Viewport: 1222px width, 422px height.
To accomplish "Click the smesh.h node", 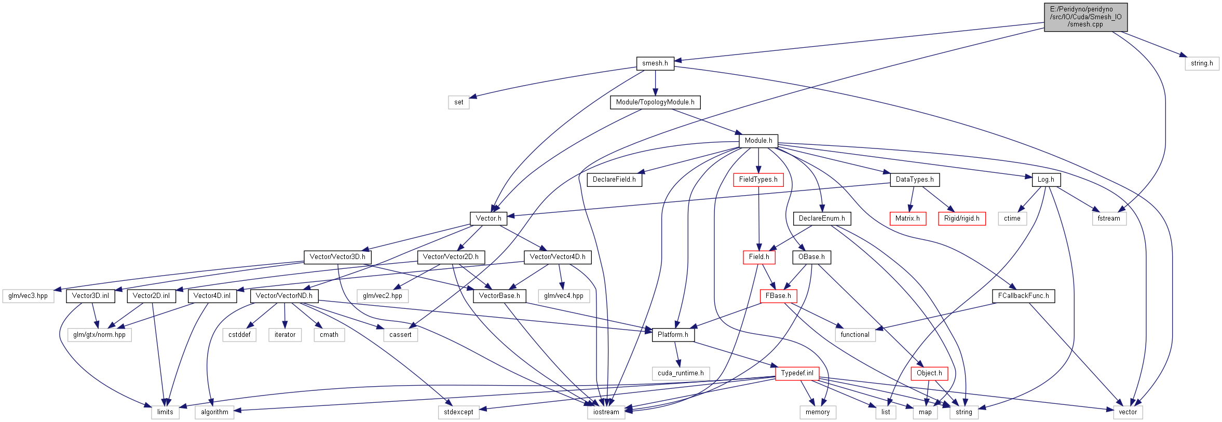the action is (655, 63).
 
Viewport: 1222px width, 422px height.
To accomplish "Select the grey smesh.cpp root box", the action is (1085, 17).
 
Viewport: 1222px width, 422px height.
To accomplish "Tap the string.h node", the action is (1202, 63).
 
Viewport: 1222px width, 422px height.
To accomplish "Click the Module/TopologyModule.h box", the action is (655, 102).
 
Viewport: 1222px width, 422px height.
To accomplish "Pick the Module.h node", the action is (758, 141).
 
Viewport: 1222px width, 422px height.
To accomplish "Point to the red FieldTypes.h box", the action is (758, 180).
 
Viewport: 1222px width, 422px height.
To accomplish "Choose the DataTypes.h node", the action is (915, 180).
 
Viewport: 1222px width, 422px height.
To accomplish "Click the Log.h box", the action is (1046, 180).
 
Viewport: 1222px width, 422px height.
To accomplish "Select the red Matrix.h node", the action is (907, 219).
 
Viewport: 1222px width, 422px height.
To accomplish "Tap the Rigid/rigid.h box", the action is (962, 219).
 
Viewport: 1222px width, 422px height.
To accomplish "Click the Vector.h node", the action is (488, 219).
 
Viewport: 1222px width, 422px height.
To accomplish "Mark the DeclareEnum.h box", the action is (822, 219).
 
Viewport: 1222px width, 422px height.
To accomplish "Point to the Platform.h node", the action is (673, 335).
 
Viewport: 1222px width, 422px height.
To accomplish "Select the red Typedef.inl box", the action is (797, 373).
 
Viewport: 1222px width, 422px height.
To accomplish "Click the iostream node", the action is (606, 412).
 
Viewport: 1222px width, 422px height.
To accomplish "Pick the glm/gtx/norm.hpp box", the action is (99, 335).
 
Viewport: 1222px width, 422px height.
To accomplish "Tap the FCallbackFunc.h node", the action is (1023, 296).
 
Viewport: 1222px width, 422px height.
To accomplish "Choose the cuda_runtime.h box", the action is (681, 373).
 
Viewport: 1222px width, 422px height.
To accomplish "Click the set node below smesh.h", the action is (459, 102).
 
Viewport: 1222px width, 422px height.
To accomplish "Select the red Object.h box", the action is (929, 373).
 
